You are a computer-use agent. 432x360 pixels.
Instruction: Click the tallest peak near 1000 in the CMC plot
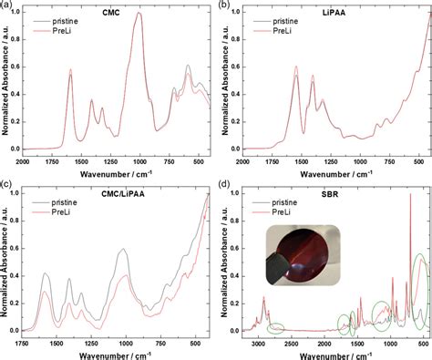[x=139, y=14]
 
